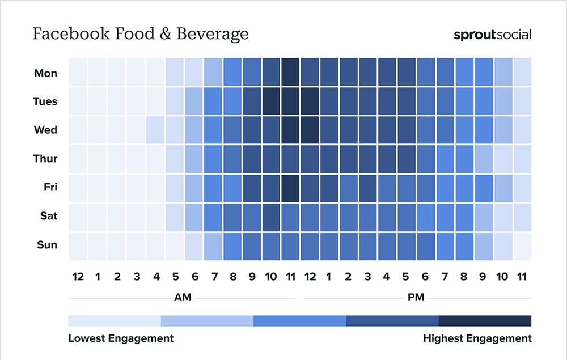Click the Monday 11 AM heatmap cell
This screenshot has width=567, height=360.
point(291,72)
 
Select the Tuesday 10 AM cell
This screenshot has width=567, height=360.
point(271,101)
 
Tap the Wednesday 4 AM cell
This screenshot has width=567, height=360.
point(155,130)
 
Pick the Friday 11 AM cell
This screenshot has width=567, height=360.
point(291,188)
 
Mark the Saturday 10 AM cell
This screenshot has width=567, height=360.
point(271,217)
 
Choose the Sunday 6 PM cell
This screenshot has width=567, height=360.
point(426,247)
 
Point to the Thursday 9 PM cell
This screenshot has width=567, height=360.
point(484,159)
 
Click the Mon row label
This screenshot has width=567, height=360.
point(45,73)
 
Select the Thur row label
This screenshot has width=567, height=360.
point(45,158)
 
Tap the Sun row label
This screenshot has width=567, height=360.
point(47,245)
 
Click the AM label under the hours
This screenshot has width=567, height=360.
point(183,297)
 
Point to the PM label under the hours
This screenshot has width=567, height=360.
point(416,297)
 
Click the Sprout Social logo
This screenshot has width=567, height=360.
point(493,35)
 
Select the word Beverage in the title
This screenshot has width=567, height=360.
point(213,34)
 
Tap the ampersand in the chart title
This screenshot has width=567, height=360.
point(165,34)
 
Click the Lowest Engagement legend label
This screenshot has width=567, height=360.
point(121,338)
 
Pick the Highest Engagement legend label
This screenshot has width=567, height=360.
point(477,338)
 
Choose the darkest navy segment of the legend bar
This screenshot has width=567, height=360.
point(485,321)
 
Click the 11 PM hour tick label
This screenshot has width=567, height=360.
point(522,277)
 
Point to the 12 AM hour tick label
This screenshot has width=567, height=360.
point(78,277)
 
